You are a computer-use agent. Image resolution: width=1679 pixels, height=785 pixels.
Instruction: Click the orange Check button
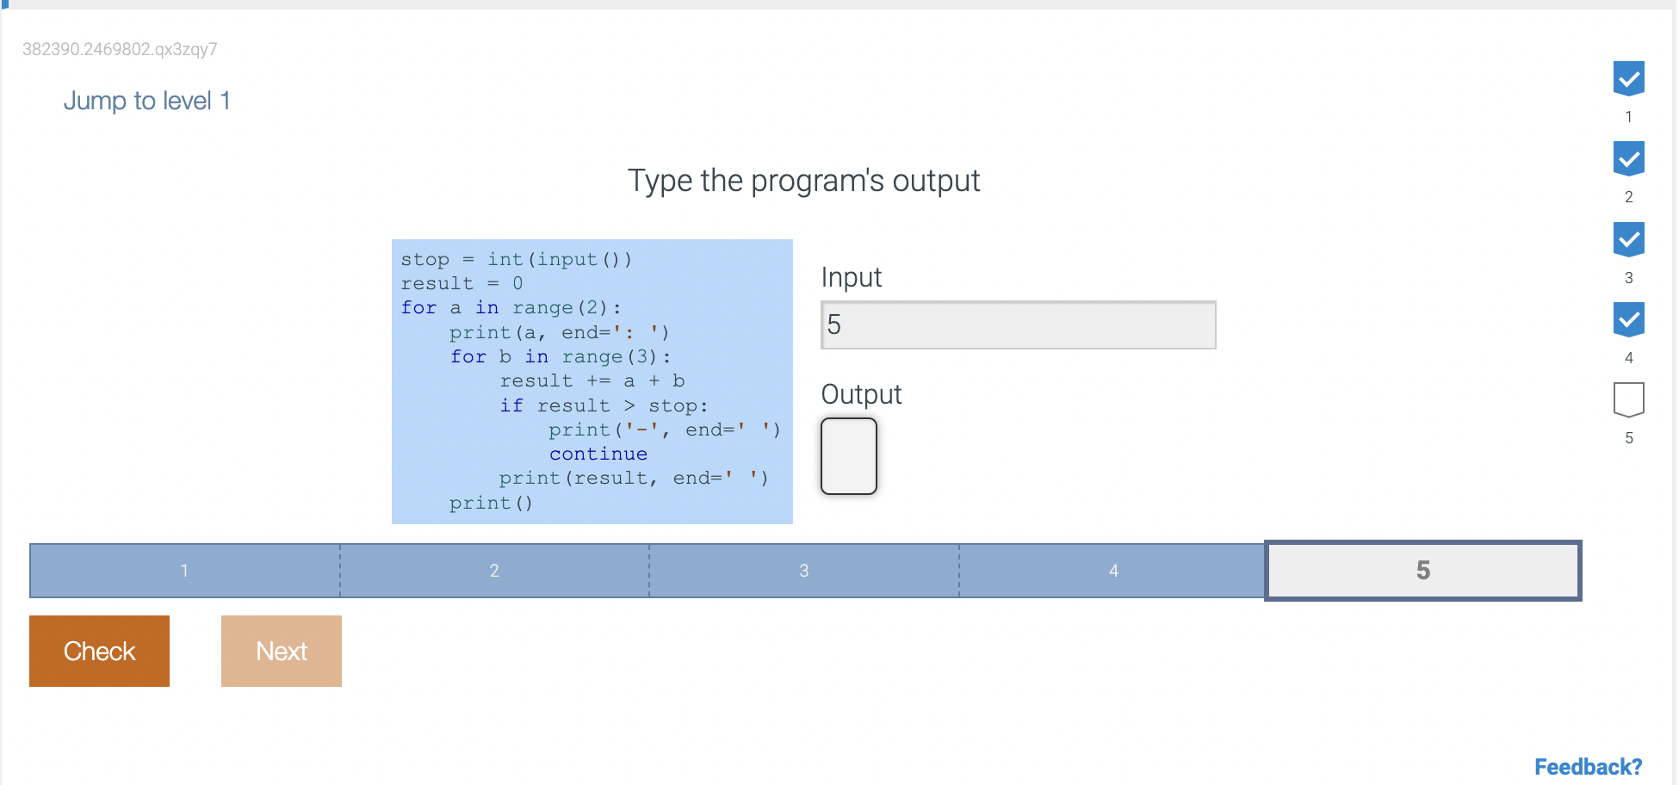(x=99, y=651)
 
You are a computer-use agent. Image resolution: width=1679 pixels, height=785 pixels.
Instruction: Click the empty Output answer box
(x=849, y=456)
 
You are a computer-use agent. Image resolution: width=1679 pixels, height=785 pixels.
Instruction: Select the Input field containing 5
(x=1018, y=325)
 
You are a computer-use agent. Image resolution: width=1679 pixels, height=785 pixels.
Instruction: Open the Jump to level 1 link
(x=146, y=101)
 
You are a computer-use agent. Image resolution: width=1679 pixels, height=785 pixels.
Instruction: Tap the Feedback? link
(x=1588, y=767)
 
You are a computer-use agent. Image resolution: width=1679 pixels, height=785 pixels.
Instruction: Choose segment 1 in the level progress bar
(x=185, y=570)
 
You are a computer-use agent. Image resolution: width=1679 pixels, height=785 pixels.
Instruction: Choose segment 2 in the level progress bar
(x=494, y=570)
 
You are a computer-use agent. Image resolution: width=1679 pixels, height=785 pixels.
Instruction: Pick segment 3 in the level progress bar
(x=804, y=570)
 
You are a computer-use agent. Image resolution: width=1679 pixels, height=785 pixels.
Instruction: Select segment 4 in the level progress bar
(x=1112, y=570)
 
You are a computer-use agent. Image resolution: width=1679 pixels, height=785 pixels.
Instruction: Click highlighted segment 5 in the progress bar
(x=1422, y=570)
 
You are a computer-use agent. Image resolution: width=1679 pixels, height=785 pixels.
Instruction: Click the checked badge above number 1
(x=1629, y=78)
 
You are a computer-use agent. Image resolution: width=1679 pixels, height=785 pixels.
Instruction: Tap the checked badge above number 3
(x=1629, y=239)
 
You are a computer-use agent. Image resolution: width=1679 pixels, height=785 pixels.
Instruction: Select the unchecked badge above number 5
(x=1629, y=400)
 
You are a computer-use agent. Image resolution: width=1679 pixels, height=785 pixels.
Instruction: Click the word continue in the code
(x=598, y=454)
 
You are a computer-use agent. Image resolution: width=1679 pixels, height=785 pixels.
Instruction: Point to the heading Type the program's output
(x=803, y=181)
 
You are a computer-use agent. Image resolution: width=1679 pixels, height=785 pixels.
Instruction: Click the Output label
(x=861, y=394)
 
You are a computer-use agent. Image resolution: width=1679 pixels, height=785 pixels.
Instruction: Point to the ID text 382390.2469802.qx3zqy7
(x=120, y=49)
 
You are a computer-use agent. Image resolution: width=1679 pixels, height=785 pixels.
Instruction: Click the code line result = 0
(x=462, y=283)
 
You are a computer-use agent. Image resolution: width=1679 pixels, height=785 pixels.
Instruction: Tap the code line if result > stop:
(x=604, y=405)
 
